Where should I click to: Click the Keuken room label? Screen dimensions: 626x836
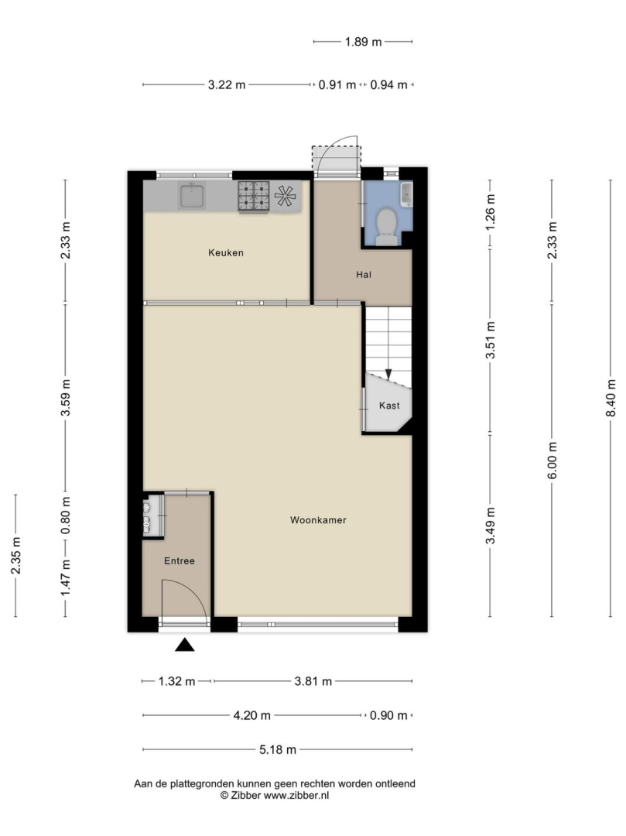coord(226,252)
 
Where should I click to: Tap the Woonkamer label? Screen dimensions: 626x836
coord(318,520)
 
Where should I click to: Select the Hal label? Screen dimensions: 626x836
coord(364,275)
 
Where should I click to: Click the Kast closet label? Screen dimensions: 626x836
coord(389,405)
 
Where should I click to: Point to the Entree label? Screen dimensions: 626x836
coord(179,561)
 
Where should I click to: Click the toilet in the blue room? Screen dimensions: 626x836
coord(386,226)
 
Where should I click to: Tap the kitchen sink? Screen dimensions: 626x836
coord(193,196)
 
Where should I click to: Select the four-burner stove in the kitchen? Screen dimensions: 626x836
coord(254,196)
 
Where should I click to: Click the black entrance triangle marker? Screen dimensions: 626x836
coord(185,645)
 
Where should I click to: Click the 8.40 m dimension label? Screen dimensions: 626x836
coord(611,399)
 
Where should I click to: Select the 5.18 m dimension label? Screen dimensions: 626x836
coord(278,749)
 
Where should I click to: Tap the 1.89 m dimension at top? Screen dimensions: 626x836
coord(364,42)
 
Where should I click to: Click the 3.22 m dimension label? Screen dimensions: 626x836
coord(227,84)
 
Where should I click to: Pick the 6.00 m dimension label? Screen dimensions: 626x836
coord(552,460)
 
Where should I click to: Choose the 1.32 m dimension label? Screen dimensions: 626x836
coord(177,681)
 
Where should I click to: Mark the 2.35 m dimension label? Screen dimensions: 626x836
coord(16,556)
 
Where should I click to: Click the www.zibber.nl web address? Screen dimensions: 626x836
coord(296,795)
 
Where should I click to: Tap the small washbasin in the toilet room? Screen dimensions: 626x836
coord(406,194)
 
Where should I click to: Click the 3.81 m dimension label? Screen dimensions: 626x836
coord(313,681)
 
